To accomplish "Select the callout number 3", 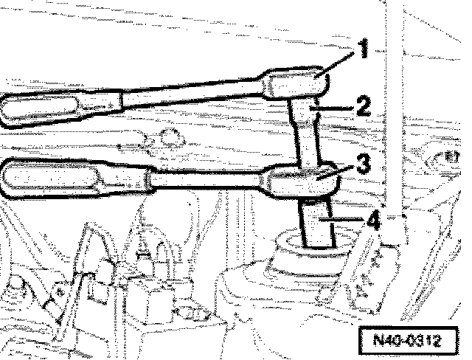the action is (362, 164).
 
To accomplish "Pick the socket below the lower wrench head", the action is (316, 221).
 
